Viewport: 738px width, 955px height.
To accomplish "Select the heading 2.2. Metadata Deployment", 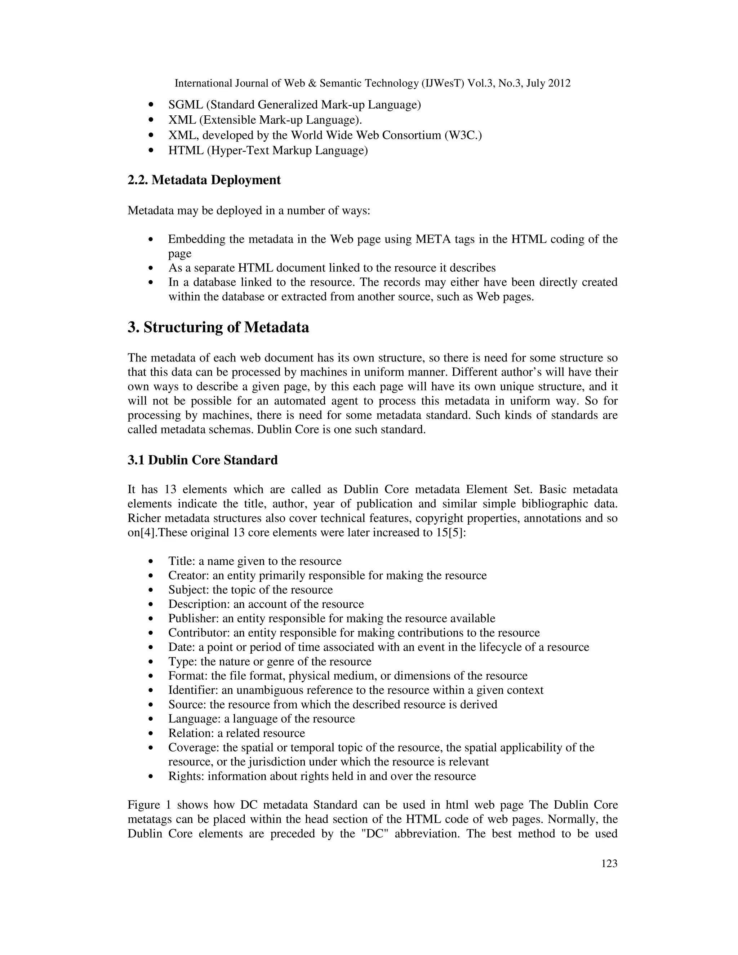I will (204, 180).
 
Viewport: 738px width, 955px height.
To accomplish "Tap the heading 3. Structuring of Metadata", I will (218, 327).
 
